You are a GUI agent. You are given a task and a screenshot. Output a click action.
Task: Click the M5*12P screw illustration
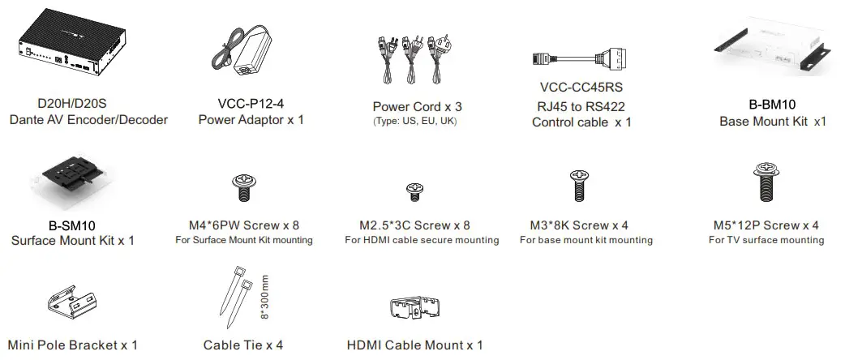tap(765, 184)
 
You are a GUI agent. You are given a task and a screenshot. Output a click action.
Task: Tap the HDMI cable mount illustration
tap(415, 309)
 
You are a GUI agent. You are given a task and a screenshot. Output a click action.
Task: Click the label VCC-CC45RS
tap(580, 87)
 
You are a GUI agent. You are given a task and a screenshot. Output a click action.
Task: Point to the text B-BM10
tap(772, 105)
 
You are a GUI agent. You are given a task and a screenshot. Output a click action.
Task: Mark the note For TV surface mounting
tap(766, 240)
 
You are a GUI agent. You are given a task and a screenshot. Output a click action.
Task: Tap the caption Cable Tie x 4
tap(243, 345)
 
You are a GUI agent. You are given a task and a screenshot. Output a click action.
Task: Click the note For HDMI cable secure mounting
tap(422, 240)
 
